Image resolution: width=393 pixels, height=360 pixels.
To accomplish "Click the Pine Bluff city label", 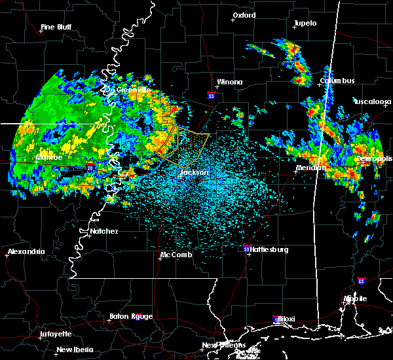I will (x=56, y=27).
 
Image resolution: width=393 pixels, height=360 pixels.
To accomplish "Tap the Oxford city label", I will (x=244, y=15).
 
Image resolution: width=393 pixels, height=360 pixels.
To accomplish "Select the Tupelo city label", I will (x=305, y=23).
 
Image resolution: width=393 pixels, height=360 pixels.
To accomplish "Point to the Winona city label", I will (x=229, y=82).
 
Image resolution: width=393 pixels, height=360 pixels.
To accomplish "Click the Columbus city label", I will (x=337, y=81).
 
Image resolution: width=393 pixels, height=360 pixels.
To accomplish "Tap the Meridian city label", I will (x=310, y=168).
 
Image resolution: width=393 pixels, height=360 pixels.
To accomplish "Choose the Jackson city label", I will (x=195, y=173).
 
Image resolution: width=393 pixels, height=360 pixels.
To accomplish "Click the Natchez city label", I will (x=104, y=231).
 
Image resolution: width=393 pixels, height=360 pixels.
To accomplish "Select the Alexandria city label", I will (x=26, y=251).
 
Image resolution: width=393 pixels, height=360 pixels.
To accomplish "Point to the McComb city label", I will (x=177, y=255).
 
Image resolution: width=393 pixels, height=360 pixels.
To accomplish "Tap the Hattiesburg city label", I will (x=268, y=249).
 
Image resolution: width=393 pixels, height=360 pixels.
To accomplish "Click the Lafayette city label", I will (x=56, y=334).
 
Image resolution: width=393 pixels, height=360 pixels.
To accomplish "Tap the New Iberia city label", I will (x=73, y=350).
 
